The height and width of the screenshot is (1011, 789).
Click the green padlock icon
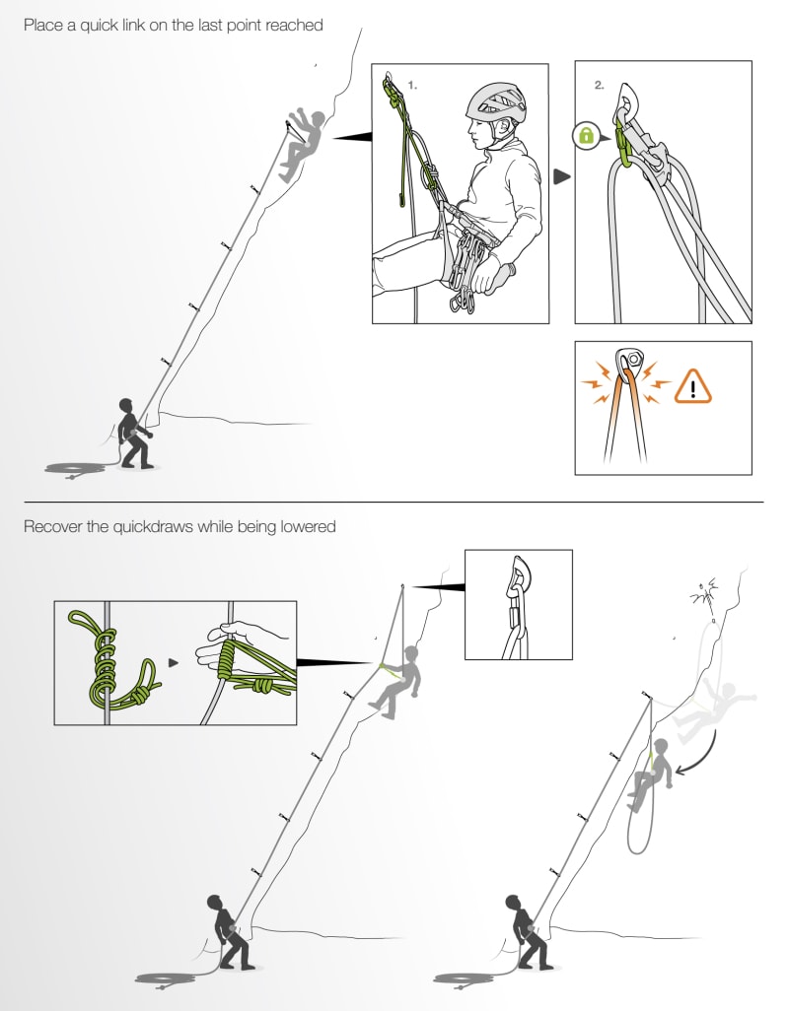586,136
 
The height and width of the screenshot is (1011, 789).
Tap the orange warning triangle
692,388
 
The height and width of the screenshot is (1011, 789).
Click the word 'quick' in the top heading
93,25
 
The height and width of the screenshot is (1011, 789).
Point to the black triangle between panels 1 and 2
561,177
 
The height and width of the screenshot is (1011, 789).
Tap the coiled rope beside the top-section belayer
75,467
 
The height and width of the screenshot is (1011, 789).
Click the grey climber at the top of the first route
304,143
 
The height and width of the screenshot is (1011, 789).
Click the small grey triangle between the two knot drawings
175,663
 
